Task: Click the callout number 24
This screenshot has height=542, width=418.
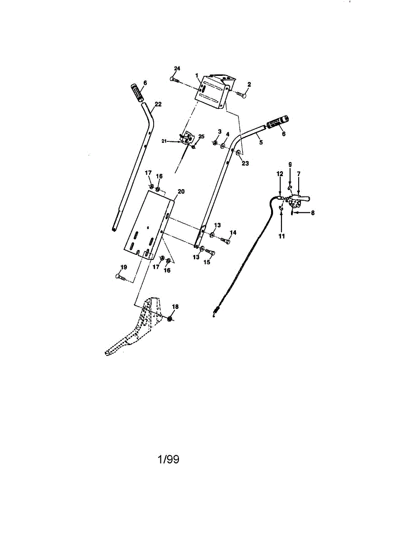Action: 177,68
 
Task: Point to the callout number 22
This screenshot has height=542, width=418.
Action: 158,104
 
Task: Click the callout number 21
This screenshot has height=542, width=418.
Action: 164,141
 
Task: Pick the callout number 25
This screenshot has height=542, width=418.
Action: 202,136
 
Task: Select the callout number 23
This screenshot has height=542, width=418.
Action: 245,164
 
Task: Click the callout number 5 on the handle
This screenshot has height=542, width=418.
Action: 261,142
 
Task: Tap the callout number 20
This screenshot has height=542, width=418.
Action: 181,192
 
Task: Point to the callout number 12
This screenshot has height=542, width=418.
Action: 280,173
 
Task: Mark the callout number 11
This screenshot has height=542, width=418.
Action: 282,236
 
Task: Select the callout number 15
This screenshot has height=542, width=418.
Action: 207,262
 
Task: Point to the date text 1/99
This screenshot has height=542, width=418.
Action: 168,460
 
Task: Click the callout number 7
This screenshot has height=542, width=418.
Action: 299,173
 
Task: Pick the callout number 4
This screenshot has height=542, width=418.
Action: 228,134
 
